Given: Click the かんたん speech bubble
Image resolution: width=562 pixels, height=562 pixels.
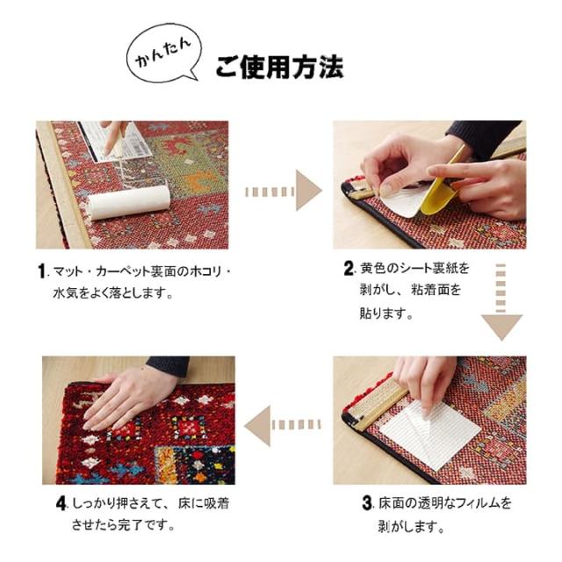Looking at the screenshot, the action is point(163,53).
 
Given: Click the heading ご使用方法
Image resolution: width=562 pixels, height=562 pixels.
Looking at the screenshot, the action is point(279,68).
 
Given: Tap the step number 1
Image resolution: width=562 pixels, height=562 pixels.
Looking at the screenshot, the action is point(42,271).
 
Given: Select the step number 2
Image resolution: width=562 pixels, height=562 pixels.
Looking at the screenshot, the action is point(349,269).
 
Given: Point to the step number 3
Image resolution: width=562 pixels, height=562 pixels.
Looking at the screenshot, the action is point(367,502).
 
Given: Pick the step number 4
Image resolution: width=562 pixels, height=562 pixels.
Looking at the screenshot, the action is point(61,503).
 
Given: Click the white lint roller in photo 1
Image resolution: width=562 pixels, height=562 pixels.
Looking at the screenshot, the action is point(129,202).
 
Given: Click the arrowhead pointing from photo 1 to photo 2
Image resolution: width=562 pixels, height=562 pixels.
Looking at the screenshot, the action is point(308,191).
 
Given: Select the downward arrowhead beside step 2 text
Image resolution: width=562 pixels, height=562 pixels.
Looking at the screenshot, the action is point(501,327).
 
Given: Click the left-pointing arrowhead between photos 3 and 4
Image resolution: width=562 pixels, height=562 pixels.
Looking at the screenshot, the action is point(257,426).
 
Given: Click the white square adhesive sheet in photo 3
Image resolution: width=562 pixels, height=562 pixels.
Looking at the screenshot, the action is point(430,434).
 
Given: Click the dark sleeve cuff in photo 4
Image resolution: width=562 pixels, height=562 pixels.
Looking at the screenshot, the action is point(168,365).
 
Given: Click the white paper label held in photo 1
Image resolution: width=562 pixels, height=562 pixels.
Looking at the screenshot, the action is point(115,141).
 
